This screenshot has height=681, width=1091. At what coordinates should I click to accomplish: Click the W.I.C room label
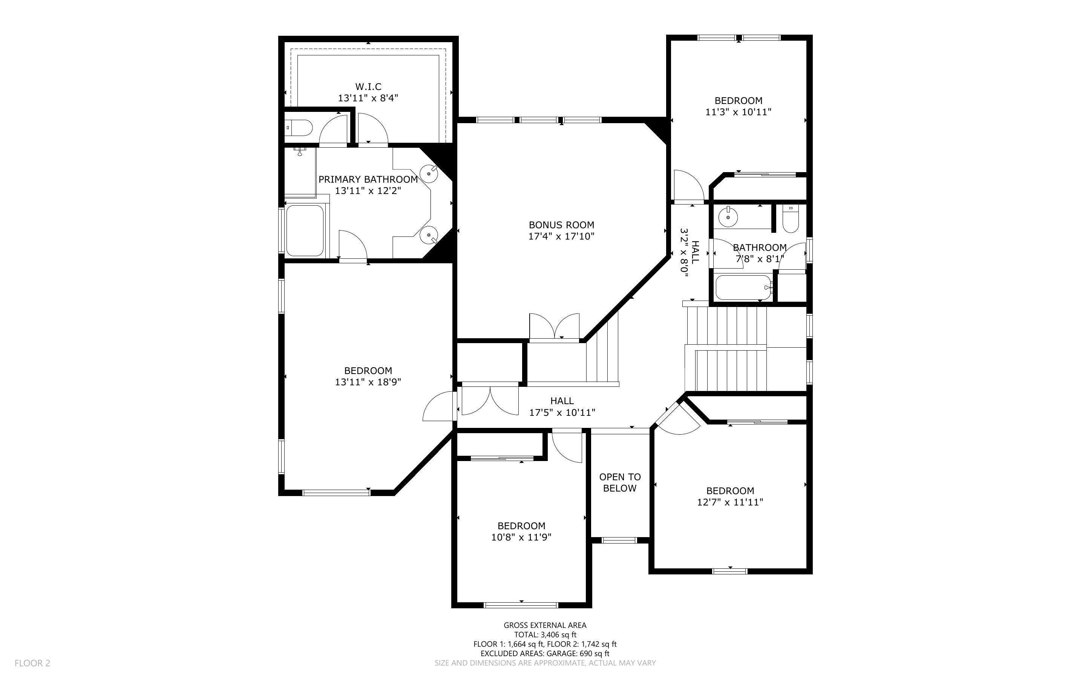coord(368,87)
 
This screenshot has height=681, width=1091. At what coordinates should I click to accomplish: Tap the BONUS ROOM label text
coord(561,225)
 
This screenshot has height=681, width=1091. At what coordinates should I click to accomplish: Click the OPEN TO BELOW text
coord(620,483)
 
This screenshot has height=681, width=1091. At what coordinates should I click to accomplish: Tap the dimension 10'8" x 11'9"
coord(521,537)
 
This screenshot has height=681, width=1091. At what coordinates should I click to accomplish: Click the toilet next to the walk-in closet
coord(299,128)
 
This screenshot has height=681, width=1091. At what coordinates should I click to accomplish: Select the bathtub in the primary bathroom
coord(305,231)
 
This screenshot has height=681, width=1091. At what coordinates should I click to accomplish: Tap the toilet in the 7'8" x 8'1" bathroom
coord(790,219)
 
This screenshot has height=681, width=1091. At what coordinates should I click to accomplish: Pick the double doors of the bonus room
coord(554,326)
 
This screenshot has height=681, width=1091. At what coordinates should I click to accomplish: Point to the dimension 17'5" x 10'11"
coord(562,412)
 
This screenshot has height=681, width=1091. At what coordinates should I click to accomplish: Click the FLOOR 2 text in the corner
coord(32,663)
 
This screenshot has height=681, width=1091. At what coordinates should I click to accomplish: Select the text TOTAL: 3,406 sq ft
coord(545,635)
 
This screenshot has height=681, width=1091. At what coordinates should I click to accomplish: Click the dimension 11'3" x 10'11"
coord(738,112)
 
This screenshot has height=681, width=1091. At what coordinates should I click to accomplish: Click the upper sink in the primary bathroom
coord(428,173)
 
